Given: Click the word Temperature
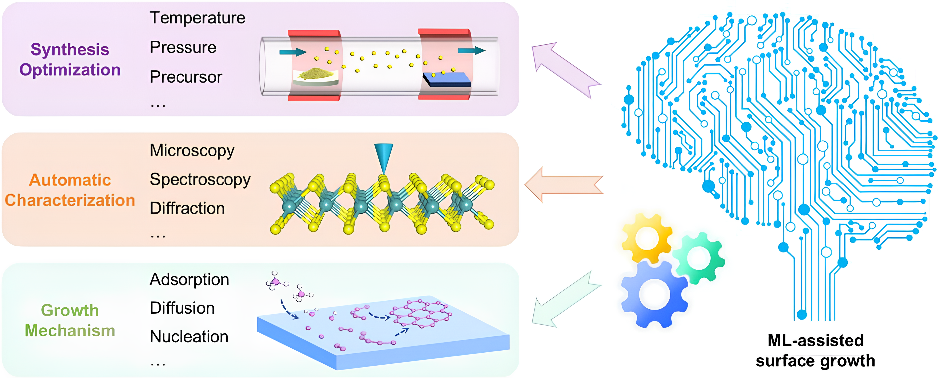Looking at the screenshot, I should [197, 18].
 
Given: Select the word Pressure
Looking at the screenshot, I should [183, 48].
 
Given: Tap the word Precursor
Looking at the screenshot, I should [186, 77].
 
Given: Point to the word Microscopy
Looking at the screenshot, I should [192, 151].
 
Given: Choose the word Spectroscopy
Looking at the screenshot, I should [200, 180].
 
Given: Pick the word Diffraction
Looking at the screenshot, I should [187, 208].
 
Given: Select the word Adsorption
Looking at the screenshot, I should [189, 280].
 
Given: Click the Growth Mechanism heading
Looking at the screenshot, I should [70, 320].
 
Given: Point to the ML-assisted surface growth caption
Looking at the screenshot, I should [815, 351].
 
